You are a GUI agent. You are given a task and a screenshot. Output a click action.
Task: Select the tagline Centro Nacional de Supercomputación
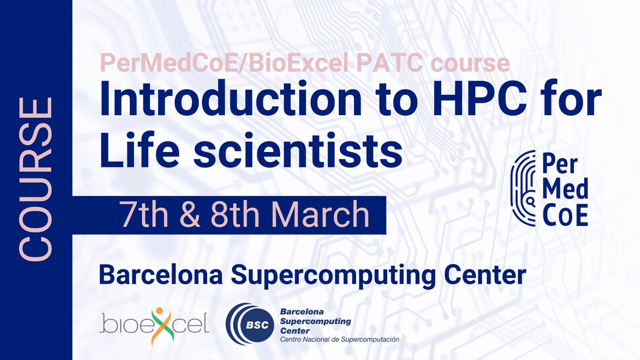pos(339,340)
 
